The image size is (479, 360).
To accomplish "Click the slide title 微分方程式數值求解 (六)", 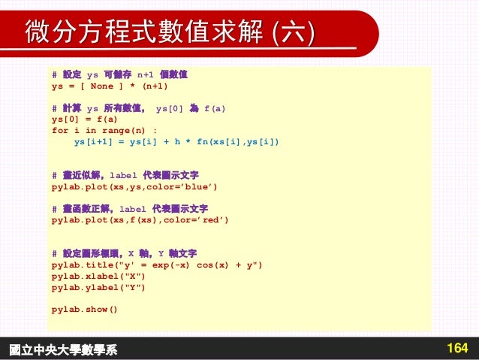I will pyautogui.click(x=170, y=33).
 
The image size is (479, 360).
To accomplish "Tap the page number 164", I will pyautogui.click(x=456, y=349).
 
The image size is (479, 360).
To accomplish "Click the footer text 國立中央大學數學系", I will pyautogui.click(x=63, y=349).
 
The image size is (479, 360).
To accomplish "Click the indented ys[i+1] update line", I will pyautogui.click(x=176, y=141).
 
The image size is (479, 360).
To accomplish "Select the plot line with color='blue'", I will pyautogui.click(x=139, y=186).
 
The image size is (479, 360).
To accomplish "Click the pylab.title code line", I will pyautogui.click(x=157, y=265).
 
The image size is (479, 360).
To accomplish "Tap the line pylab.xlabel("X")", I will pyautogui.click(x=98, y=276).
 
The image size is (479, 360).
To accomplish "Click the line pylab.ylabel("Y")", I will pyautogui.click(x=98, y=287).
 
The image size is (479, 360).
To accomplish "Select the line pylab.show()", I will pyautogui.click(x=85, y=309).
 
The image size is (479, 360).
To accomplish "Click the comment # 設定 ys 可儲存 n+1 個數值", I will pyautogui.click(x=119, y=75).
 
